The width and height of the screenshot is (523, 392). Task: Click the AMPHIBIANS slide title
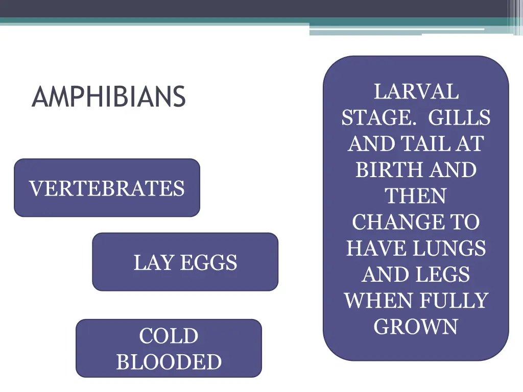(x=108, y=96)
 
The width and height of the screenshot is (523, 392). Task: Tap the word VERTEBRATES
(x=107, y=188)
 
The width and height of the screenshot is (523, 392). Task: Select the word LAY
(x=149, y=263)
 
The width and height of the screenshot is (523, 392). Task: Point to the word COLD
(x=169, y=336)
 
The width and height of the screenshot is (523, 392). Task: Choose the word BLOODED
(x=169, y=362)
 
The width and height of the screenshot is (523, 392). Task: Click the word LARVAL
(x=416, y=92)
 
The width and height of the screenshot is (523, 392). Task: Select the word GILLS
(x=459, y=118)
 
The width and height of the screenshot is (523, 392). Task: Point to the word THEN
(x=416, y=197)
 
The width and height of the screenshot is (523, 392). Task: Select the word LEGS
(x=442, y=275)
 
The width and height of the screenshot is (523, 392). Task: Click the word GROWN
(x=416, y=327)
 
